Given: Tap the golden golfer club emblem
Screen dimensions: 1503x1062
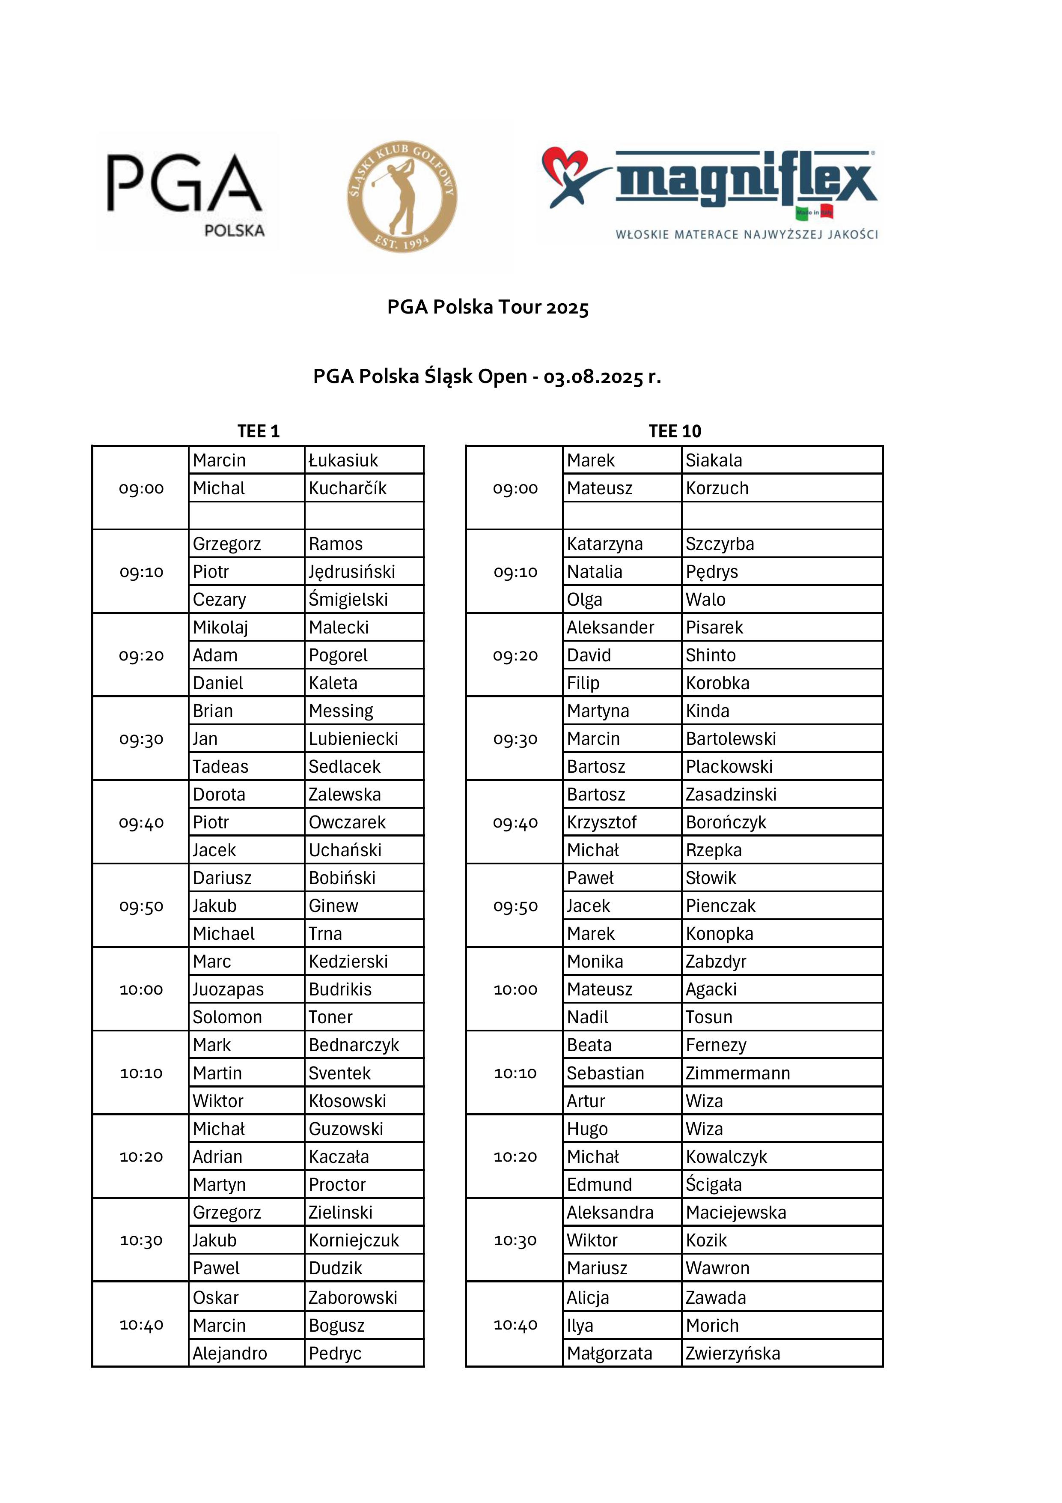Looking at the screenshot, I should pos(402,196).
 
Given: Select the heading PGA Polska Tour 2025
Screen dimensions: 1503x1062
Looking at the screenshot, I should pos(488,307).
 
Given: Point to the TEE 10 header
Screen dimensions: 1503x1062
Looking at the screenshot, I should pos(675,431).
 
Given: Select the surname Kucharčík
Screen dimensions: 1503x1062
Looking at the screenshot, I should pos(348,488).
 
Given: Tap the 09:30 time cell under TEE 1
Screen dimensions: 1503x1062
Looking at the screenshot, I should pos(141,739).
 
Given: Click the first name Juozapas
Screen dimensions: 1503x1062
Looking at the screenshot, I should pos(228,989).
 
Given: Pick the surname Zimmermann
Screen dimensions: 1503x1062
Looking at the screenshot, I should pos(738,1073).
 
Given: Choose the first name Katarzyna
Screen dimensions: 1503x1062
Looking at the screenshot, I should pos(604,544).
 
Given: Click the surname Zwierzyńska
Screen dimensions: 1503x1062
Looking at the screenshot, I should pos(733,1353).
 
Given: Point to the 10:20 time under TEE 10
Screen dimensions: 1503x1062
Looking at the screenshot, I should pos(516,1157).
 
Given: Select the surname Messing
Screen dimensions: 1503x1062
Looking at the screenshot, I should pos(341,711).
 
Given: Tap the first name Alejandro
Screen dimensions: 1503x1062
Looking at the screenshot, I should pos(230,1353).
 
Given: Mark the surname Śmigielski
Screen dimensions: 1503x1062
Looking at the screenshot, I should pos(348,600).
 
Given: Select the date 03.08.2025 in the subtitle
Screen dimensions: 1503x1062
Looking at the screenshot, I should pos(593,377).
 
